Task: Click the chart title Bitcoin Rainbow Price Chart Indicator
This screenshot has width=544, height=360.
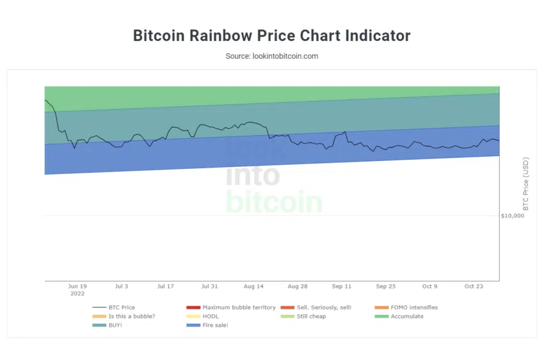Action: (271, 35)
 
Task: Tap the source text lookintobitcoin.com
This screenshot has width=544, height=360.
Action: (271, 56)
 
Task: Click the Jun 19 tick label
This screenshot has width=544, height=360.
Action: (77, 286)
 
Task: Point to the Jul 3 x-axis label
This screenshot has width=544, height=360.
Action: (122, 286)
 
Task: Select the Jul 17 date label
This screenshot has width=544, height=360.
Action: (166, 286)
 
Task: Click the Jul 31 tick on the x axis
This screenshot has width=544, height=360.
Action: (209, 286)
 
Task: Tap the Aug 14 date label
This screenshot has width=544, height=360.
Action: (253, 286)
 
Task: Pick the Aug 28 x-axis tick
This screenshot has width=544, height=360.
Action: (298, 286)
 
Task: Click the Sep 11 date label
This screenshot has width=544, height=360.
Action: (342, 286)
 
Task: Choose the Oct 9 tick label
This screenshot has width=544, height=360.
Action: (430, 286)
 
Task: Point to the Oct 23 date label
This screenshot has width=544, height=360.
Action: (474, 286)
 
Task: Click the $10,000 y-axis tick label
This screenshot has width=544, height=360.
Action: (512, 216)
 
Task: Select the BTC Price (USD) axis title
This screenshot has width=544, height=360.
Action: (526, 184)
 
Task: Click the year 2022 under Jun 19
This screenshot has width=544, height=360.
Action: (77, 294)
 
